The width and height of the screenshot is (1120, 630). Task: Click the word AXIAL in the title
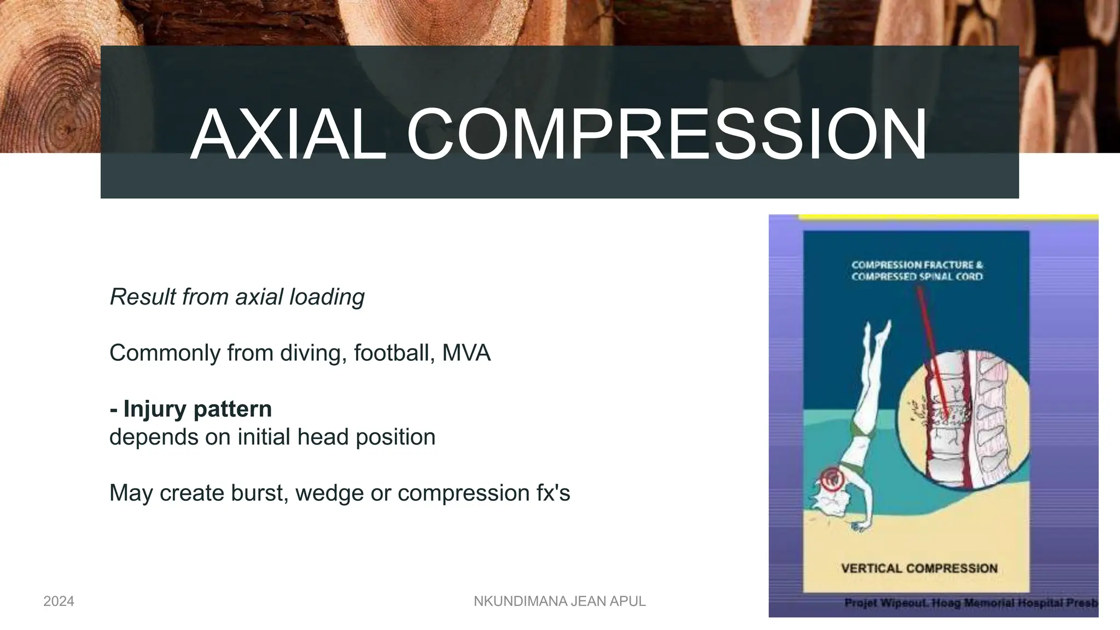pyautogui.click(x=288, y=135)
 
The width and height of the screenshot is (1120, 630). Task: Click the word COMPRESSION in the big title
pyautogui.click(x=666, y=135)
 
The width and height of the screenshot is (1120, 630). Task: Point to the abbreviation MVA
pyautogui.click(x=466, y=353)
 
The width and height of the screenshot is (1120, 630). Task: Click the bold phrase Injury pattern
pyautogui.click(x=197, y=409)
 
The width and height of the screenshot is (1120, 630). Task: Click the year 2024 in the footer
pyautogui.click(x=59, y=602)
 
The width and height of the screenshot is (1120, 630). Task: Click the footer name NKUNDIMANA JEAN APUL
pyautogui.click(x=559, y=602)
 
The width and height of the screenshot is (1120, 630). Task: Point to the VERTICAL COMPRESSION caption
pyautogui.click(x=919, y=568)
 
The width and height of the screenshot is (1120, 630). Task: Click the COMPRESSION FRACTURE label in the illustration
pyautogui.click(x=917, y=265)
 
